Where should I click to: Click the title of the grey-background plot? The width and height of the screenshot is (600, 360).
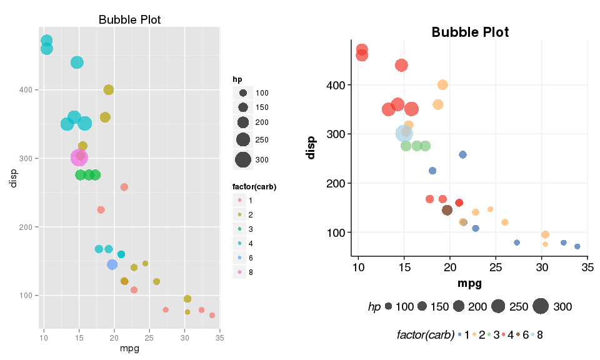[129, 20]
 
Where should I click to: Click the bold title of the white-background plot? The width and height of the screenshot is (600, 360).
[470, 32]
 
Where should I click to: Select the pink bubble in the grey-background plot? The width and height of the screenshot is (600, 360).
[79, 157]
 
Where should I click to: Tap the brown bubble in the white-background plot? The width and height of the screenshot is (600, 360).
[447, 210]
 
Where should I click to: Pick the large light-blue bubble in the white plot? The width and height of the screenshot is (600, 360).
[404, 133]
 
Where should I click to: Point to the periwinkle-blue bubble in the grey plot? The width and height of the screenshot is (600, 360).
[112, 264]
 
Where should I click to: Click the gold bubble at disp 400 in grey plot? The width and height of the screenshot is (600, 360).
[108, 90]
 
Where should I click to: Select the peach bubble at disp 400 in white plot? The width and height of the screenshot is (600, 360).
[442, 85]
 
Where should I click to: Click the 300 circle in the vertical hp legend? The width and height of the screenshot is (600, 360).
[242, 160]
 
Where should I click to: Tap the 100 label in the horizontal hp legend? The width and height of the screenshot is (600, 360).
[404, 306]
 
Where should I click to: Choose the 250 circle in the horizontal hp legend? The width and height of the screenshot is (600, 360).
[498, 306]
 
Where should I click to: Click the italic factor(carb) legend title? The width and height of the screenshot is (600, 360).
[425, 335]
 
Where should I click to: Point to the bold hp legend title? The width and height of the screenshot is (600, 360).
[237, 79]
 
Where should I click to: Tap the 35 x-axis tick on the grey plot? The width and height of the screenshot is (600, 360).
[219, 338]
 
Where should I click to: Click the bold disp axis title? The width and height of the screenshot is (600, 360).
[311, 147]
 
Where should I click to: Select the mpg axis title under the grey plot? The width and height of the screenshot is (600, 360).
[129, 349]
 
